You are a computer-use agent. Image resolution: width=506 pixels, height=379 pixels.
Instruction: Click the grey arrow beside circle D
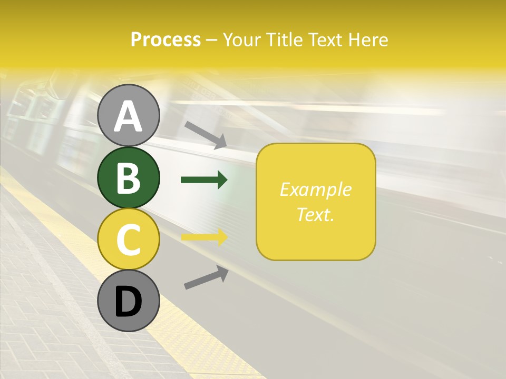[x=206, y=277]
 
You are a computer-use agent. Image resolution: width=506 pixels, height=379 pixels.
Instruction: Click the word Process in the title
[x=166, y=40]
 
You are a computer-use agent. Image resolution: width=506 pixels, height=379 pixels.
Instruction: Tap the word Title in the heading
[x=284, y=40]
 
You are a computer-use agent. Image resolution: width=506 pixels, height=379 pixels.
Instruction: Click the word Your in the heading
[x=242, y=40]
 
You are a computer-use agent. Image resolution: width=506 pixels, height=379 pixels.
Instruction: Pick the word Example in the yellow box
[x=316, y=189]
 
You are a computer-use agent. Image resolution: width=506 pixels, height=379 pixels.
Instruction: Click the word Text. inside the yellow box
[x=316, y=214]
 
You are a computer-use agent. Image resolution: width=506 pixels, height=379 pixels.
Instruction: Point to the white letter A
[x=129, y=116]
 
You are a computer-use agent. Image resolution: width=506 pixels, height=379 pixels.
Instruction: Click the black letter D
[x=129, y=302]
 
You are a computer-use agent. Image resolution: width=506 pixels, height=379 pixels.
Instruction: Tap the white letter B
[x=129, y=178]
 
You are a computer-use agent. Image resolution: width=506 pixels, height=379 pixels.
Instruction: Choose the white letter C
[x=129, y=240]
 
